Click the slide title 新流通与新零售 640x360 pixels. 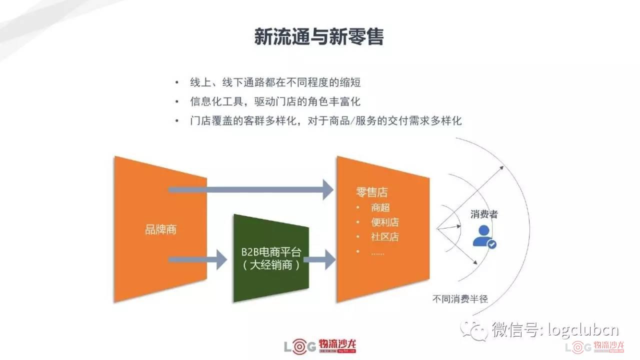pyautogui.click(x=319, y=37)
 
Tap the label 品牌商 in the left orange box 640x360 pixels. pyautogui.click(x=161, y=229)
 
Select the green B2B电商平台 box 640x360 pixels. pyautogui.click(x=271, y=258)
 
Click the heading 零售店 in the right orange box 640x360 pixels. pyautogui.click(x=371, y=192)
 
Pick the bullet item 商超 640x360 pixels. pyautogui.click(x=380, y=207)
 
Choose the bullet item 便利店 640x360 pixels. pyautogui.click(x=385, y=222)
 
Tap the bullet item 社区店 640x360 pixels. pyautogui.click(x=385, y=237)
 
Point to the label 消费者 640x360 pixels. pyautogui.click(x=484, y=214)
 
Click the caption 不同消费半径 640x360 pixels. pyautogui.click(x=460, y=299)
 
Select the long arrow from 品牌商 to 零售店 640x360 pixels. pyautogui.click(x=251, y=189)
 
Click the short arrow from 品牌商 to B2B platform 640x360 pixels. pyautogui.click(x=197, y=259)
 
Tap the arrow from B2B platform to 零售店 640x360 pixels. pyautogui.click(x=319, y=259)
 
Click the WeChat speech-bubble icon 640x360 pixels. pyautogui.click(x=473, y=330)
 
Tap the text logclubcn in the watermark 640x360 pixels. pyautogui.click(x=583, y=330)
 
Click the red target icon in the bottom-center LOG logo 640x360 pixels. pyautogui.click(x=299, y=346)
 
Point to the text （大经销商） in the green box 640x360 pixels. pyautogui.click(x=271, y=265)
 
